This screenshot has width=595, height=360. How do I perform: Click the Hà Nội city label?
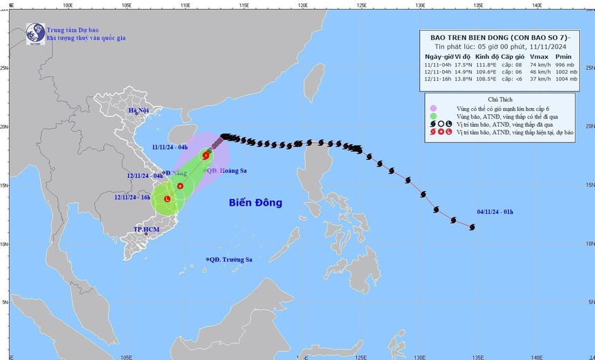click(138, 111)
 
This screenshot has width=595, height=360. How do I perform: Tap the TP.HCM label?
click(146, 229)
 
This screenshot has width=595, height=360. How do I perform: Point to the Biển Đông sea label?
click(256, 203)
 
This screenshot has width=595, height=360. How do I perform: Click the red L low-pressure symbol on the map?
click(167, 199)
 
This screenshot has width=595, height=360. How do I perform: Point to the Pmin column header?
click(564, 56)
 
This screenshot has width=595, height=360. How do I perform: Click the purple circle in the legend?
click(432, 107)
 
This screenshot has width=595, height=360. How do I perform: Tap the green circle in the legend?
click(432, 116)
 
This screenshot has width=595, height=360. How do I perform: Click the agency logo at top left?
click(35, 33)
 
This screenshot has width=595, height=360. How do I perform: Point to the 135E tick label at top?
click(478, 5)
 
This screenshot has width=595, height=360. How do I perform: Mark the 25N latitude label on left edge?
click(4, 68)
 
